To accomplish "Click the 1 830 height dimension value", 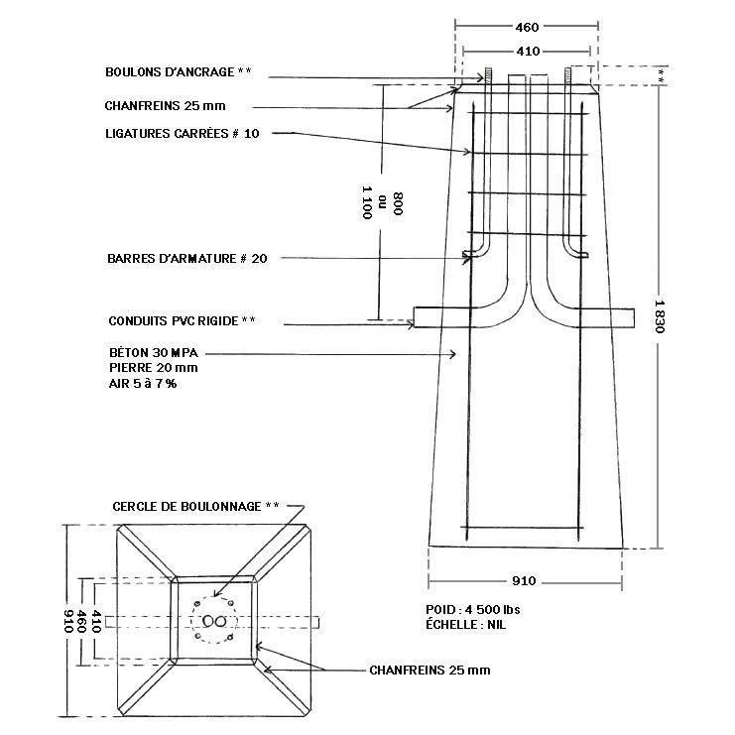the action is (660, 316).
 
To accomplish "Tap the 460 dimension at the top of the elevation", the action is (527, 27).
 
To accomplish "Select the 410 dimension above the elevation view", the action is (528, 51).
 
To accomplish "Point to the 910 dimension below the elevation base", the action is (524, 581).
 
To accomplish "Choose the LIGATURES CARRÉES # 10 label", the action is (182, 134).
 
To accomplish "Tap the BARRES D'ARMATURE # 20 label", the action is (187, 259).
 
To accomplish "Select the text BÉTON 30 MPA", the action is (154, 352).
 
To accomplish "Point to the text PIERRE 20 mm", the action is (154, 368).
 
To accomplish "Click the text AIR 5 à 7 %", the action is (143, 384).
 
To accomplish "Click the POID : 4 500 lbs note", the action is (472, 610).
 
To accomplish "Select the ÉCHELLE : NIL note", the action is (466, 625).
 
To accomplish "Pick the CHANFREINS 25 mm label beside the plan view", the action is (429, 671).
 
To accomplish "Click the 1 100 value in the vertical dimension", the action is (367, 202).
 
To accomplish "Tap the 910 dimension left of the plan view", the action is (68, 621).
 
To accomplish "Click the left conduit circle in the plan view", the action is (208, 621).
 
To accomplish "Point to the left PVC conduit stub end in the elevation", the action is (415, 316).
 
